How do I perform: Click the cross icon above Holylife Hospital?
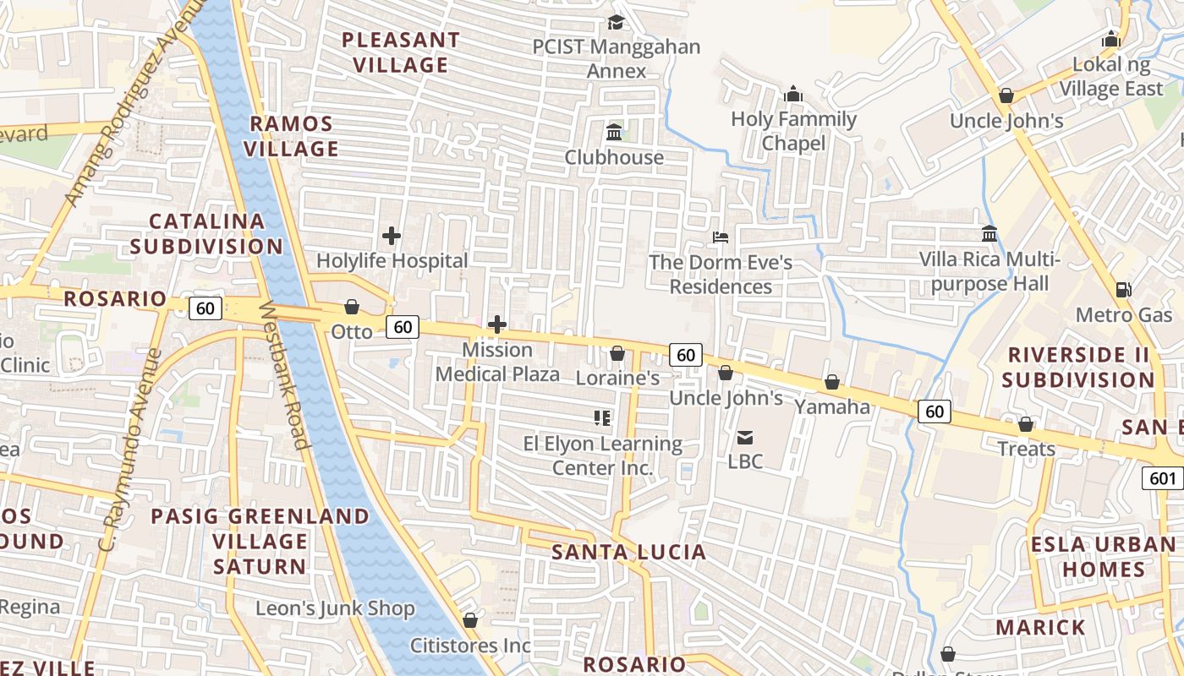pos(392,236)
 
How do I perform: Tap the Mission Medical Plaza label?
pos(497,362)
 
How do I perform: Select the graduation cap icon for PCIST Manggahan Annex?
pos(617,23)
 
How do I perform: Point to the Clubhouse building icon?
pos(614,133)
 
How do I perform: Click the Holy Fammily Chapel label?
pos(793,131)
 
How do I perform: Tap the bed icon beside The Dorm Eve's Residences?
pos(721,237)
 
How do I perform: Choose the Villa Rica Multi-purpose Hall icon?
pos(989,233)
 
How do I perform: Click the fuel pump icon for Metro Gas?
pos(1123,290)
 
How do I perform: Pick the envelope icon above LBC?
pos(745,437)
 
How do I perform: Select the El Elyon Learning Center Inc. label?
pos(602,455)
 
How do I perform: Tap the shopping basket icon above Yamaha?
pos(832,383)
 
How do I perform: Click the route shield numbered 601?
pos(1163,478)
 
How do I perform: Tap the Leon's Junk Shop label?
pos(336,608)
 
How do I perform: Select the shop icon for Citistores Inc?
pos(470,621)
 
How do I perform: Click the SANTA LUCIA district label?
pos(628,553)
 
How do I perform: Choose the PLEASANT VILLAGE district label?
pos(401,52)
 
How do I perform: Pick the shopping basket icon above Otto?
pos(352,307)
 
